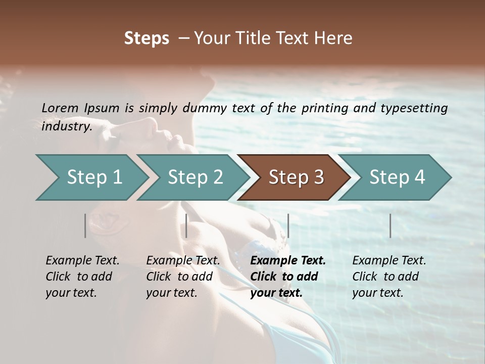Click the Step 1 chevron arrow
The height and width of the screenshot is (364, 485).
tap(91, 177)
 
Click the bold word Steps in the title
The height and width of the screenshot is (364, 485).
tap(147, 38)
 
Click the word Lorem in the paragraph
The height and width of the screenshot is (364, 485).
tap(60, 108)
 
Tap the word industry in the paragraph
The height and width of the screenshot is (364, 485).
tap(66, 126)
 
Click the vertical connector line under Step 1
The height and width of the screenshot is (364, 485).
tap(85, 225)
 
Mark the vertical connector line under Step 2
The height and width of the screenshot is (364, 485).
tap(186, 225)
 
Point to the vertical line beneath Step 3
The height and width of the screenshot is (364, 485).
tap(288, 225)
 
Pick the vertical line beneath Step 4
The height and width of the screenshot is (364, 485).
tap(390, 225)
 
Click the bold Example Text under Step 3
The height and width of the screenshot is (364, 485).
tap(288, 261)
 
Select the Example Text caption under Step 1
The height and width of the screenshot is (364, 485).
tap(83, 261)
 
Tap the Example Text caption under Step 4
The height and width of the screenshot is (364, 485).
tap(389, 261)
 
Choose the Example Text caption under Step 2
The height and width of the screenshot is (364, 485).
tap(183, 261)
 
